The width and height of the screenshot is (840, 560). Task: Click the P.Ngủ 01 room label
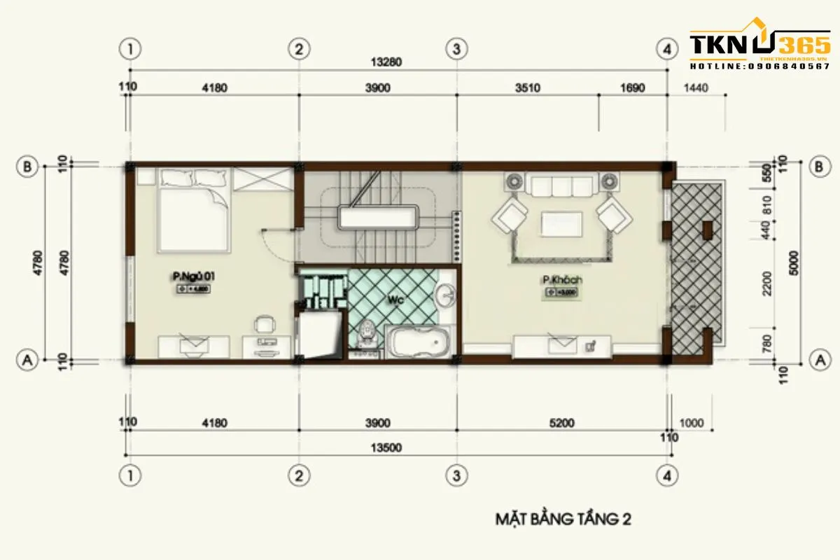[x=192, y=277]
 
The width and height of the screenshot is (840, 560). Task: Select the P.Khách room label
[x=561, y=281]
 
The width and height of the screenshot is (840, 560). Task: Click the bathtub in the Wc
[x=419, y=343]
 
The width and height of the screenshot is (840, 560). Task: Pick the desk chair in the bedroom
[x=265, y=323]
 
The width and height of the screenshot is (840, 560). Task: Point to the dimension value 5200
[x=562, y=422]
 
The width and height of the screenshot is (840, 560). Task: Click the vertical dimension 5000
[x=792, y=262]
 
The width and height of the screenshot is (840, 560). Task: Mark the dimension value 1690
[x=631, y=88]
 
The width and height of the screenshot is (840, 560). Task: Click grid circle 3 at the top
[x=456, y=49]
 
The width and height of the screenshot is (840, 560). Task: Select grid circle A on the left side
[x=27, y=360]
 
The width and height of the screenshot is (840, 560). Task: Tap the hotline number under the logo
[x=759, y=66]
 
